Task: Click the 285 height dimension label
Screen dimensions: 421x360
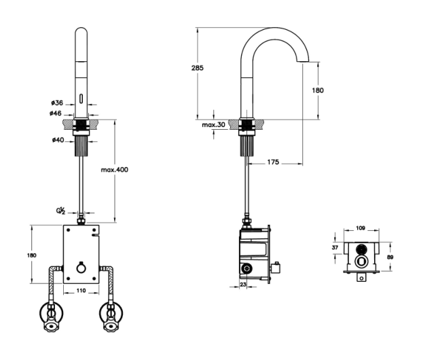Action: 198,68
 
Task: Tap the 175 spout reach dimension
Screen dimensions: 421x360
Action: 273,162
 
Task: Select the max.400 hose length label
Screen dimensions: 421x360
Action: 115,170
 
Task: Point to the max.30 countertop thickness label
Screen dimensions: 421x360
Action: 213,125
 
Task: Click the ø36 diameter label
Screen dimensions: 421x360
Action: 57,103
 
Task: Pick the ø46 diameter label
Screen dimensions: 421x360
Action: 56,113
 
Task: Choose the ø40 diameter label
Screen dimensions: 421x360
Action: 58,140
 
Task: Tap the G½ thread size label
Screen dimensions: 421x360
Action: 60,211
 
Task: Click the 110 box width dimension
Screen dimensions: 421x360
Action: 81,291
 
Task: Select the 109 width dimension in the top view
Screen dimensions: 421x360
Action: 361,228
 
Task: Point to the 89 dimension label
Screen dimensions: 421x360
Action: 390,257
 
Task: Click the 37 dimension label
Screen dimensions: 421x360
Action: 335,247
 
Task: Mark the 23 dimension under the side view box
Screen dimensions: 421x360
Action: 243,285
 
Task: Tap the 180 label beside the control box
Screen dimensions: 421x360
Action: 32,255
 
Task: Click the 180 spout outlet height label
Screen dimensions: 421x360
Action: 318,90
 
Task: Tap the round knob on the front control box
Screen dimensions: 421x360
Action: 81,268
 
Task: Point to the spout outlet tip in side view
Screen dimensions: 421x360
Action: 303,62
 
